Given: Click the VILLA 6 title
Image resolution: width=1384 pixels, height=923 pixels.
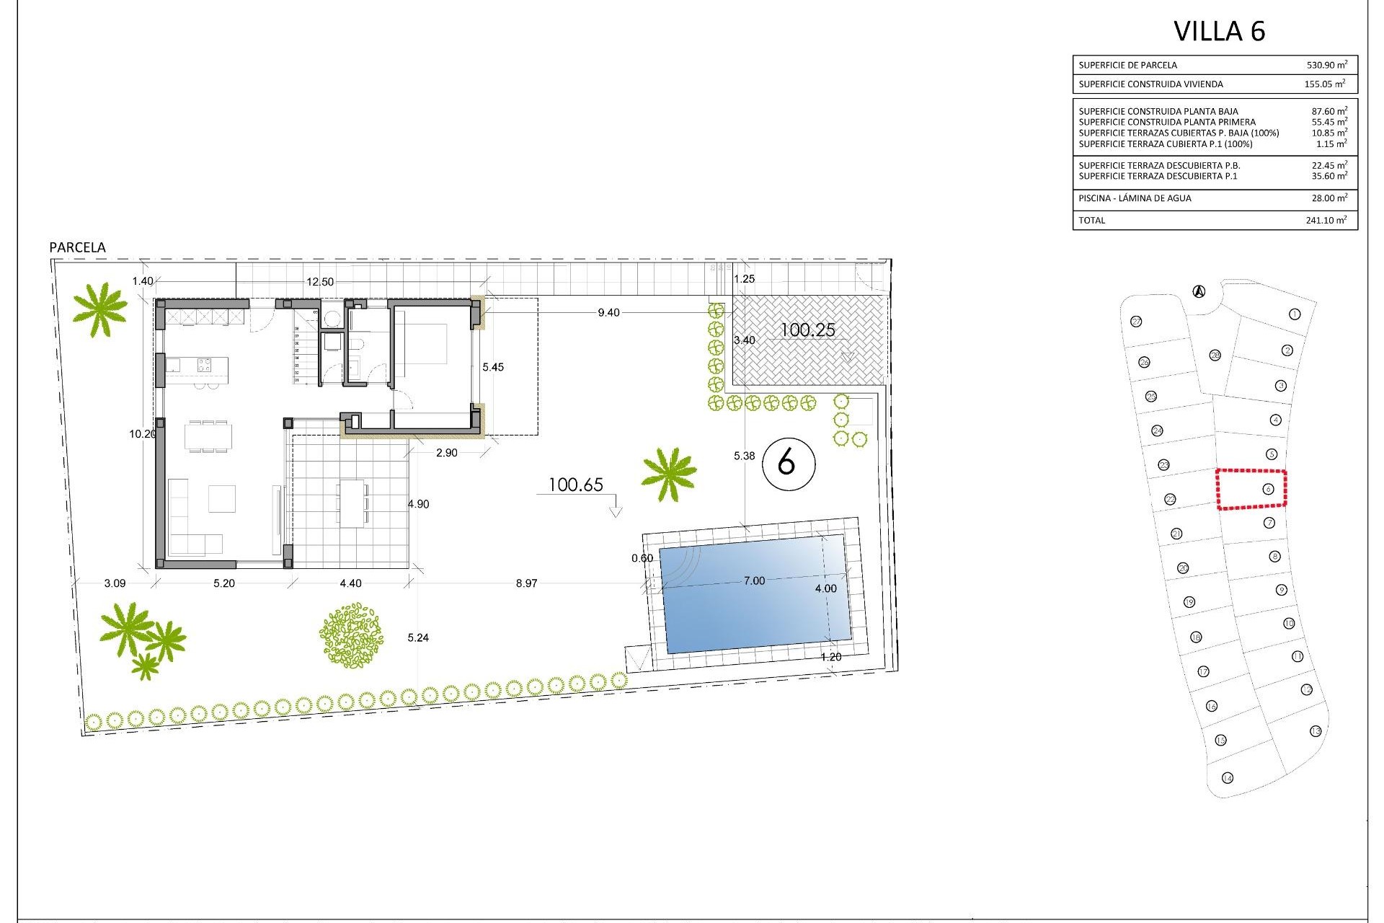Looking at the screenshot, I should (x=1219, y=32).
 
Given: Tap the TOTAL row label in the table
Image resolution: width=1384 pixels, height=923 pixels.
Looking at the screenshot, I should (x=1091, y=221).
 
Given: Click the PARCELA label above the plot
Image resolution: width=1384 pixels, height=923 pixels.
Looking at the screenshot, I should (x=77, y=247).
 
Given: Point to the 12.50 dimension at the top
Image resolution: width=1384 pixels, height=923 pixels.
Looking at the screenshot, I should (x=320, y=282).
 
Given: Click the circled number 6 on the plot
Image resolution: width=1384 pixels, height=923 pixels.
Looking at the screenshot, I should (x=786, y=462).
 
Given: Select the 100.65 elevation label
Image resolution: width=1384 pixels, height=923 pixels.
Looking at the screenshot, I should (x=575, y=485).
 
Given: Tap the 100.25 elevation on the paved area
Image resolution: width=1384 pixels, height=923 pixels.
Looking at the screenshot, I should (x=808, y=330).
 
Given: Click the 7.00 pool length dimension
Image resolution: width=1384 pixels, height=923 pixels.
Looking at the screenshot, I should (x=754, y=581).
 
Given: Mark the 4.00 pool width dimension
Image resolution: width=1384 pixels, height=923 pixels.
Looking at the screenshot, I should (x=826, y=588).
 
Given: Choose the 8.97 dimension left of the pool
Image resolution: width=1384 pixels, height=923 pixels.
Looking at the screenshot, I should (x=526, y=583).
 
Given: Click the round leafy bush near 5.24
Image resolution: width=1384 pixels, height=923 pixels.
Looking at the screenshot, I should (x=351, y=635).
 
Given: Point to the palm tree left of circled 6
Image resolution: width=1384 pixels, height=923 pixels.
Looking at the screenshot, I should (x=669, y=473).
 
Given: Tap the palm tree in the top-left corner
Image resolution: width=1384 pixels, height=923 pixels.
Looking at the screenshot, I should (x=100, y=309).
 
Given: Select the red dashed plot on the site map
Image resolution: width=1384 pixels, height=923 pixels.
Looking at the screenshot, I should (x=1252, y=490).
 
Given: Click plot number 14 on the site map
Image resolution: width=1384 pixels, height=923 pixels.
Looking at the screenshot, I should (x=1228, y=777).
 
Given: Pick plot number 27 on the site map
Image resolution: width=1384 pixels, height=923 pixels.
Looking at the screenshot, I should (x=1137, y=322).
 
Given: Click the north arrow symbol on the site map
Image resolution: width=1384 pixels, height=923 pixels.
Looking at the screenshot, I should (x=1199, y=292).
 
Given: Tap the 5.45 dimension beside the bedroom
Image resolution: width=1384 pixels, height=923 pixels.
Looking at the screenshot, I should (x=493, y=368).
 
